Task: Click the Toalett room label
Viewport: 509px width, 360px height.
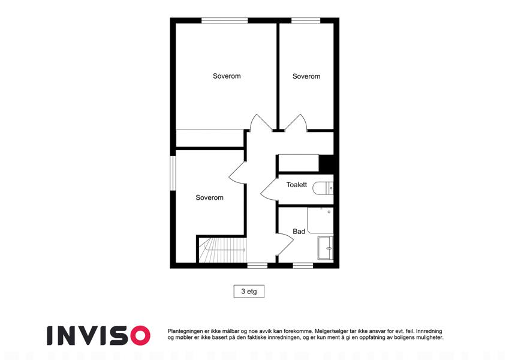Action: pos(296,185)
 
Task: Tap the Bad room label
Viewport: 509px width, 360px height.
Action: pos(299,232)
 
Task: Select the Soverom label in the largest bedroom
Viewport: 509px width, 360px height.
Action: pos(227,76)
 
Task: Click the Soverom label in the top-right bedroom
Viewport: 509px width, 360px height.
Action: pos(306,76)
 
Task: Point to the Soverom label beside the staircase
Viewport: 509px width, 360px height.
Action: pos(209,197)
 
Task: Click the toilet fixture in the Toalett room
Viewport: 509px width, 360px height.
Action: pos(323,188)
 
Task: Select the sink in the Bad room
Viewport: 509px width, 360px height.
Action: pos(326,248)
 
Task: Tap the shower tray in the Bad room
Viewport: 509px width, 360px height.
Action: pos(320,220)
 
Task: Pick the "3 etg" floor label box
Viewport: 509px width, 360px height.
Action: pos(249,292)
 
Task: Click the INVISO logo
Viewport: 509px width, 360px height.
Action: pos(98,335)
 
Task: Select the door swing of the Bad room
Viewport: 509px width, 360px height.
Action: pos(285,244)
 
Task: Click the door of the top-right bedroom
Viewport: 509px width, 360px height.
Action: pos(296,122)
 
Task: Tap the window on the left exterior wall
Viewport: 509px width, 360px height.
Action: pos(173,173)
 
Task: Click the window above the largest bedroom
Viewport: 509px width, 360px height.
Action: pos(225,20)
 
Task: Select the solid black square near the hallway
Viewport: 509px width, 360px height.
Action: pos(327,163)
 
